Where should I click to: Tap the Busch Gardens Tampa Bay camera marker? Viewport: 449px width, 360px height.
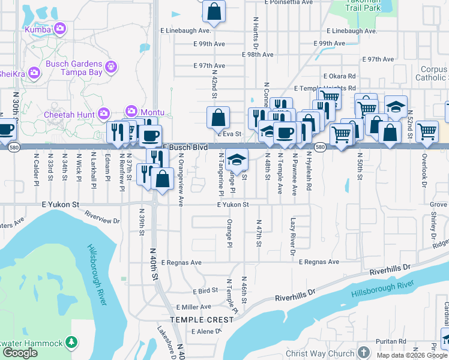pos(110,67)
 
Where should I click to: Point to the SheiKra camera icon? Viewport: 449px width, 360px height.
pos(34,73)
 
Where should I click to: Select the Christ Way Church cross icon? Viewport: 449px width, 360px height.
pos(363,352)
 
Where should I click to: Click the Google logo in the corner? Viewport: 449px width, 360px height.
pos(20,353)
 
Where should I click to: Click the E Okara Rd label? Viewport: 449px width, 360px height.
pos(339,76)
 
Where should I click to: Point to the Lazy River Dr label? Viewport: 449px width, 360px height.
pos(294,237)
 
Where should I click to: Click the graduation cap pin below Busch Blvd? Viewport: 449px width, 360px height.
pos(237,160)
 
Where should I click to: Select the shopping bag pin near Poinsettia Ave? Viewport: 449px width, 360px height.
pos(214,10)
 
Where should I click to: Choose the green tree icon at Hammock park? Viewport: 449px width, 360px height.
pos(71,343)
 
